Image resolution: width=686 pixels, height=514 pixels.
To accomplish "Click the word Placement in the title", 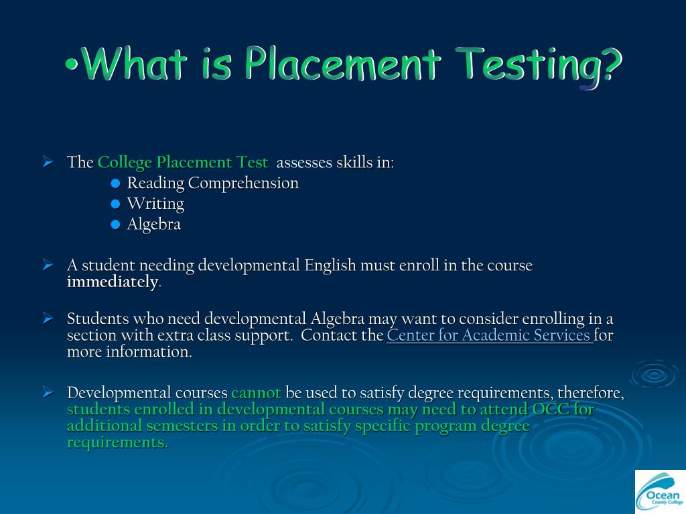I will [342, 66].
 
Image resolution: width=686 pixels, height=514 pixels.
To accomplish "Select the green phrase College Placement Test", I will [182, 163].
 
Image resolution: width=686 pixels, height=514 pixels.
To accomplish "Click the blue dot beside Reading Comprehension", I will [115, 183].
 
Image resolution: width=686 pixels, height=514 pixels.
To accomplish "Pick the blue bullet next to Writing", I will [115, 204].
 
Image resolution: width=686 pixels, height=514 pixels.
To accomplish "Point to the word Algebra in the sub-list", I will [154, 225].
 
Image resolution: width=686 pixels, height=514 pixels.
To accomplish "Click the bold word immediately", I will [113, 282].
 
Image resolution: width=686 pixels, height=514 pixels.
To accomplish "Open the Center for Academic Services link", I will [489, 335].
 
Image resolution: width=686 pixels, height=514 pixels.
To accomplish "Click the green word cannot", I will [256, 393].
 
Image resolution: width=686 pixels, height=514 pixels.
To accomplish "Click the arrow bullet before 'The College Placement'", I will [48, 163].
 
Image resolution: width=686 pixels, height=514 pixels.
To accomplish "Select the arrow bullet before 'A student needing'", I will [48, 266].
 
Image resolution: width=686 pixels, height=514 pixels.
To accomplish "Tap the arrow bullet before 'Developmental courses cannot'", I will [48, 393].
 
